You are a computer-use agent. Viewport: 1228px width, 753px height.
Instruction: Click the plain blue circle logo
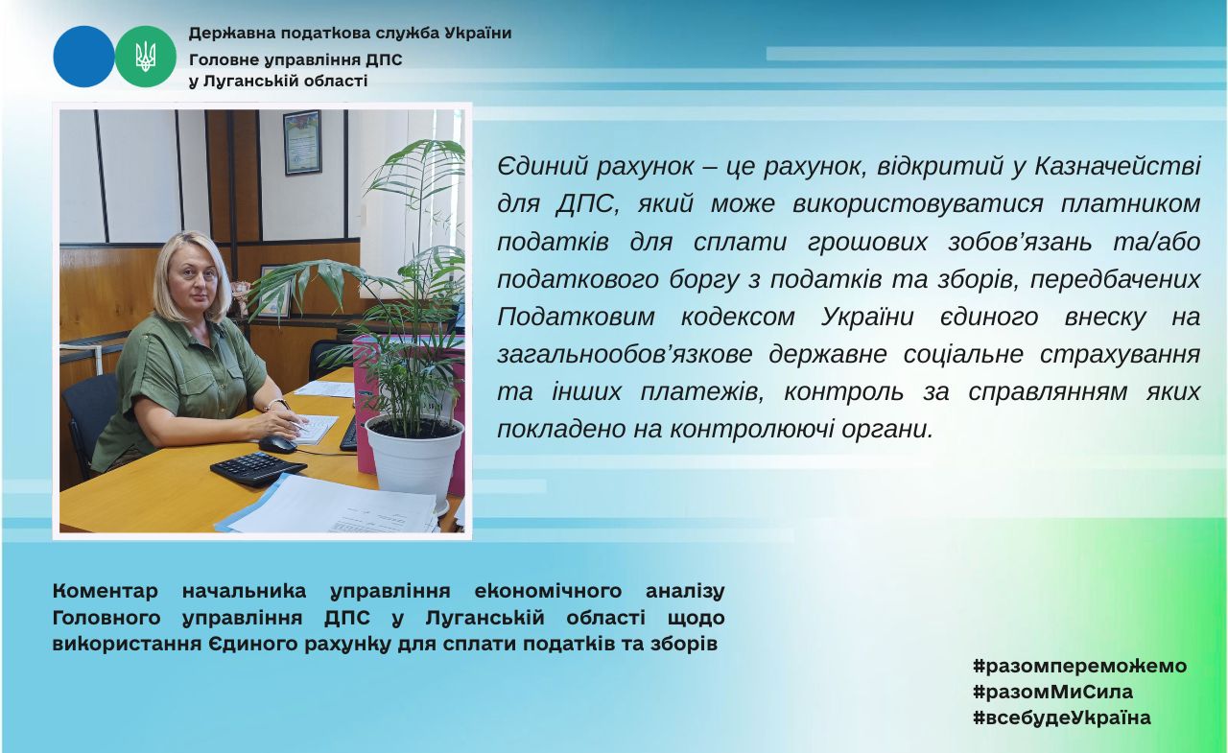click(83, 57)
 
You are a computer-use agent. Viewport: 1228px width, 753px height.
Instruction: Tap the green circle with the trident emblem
click(145, 57)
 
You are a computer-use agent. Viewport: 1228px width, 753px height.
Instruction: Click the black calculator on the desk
click(258, 468)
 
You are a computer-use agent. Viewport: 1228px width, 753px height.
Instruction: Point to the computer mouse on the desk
click(277, 444)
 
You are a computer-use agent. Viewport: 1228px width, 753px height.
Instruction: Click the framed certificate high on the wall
click(302, 142)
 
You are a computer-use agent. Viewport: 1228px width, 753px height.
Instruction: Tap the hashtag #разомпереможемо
click(1079, 667)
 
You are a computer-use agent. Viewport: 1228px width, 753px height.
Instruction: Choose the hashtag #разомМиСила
click(1052, 693)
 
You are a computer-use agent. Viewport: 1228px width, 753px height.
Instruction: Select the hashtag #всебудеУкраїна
click(1062, 718)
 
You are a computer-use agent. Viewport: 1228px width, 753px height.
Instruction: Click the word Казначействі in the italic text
click(1118, 166)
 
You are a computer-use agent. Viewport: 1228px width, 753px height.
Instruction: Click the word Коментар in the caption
click(105, 591)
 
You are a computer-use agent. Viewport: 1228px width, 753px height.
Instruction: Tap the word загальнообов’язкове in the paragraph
click(625, 354)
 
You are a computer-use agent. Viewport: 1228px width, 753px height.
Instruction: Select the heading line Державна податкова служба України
click(350, 34)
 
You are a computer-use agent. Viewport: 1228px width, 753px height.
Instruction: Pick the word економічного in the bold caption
click(548, 591)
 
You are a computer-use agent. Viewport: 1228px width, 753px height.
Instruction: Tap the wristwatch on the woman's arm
click(277, 405)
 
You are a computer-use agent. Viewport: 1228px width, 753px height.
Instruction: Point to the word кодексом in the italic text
click(738, 318)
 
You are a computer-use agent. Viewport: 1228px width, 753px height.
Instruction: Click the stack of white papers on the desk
click(335, 505)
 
